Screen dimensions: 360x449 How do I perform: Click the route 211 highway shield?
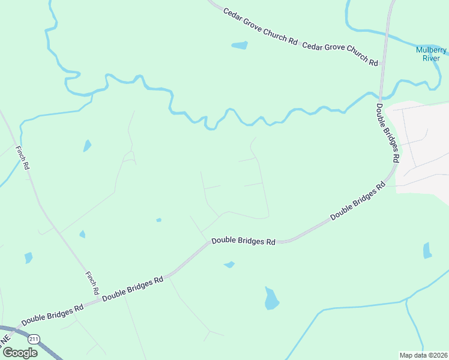pos(35,339)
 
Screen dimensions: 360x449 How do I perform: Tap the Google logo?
pos(20,353)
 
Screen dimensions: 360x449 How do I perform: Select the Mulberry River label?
pos(432,54)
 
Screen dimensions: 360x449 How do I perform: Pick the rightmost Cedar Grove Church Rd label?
pos(340,54)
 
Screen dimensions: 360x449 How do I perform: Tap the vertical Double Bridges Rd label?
pos(388,133)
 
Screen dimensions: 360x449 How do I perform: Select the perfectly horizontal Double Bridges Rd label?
pos(243,242)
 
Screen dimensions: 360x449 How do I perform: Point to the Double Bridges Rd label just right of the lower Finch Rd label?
pos(133,289)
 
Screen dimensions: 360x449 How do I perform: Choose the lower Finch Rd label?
pos(92,283)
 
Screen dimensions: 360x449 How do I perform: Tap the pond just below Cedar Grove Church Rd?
pos(240,45)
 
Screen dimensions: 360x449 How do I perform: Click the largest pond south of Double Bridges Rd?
pos(271,298)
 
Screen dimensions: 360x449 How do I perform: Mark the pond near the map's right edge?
pos(427,250)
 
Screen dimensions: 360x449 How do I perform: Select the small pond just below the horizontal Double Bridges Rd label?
pos(229,264)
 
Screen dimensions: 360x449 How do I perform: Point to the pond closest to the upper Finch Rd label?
pos(87,145)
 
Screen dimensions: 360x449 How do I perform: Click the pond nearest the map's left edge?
pos(28,258)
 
